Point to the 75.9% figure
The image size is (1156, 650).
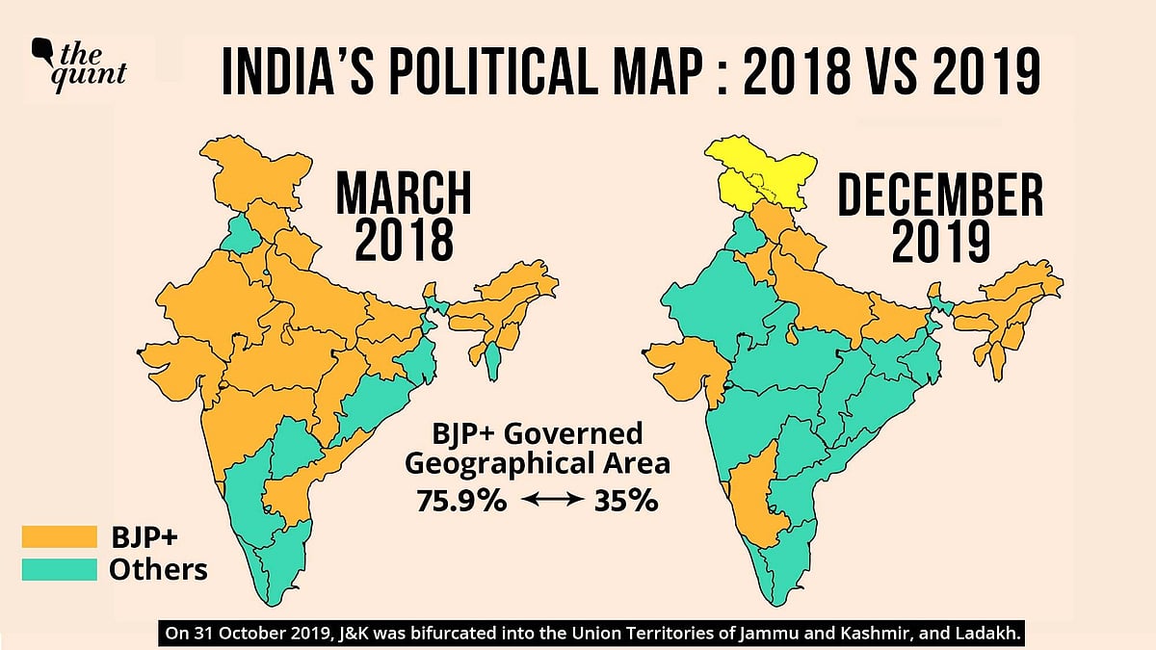[x=458, y=501]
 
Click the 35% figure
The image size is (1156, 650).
[x=625, y=501]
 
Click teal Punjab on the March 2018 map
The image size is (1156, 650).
[x=239, y=234]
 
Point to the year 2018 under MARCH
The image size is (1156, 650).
[x=404, y=240]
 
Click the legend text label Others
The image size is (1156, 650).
[x=158, y=569]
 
